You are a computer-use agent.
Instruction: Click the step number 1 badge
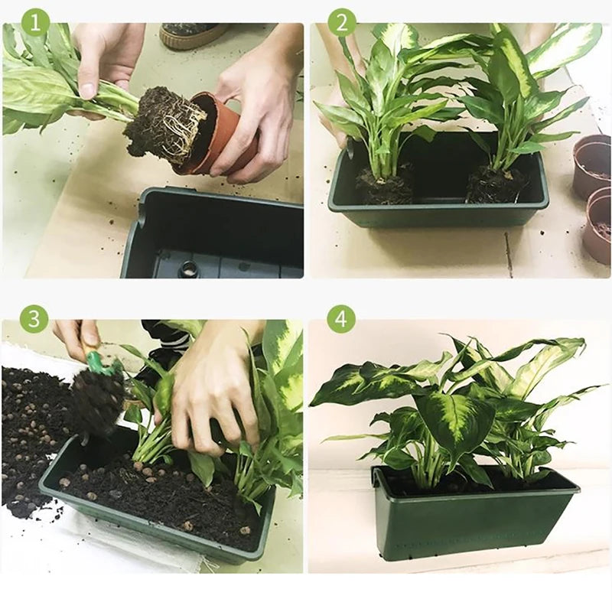[35, 22]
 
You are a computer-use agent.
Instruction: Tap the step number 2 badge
[341, 22]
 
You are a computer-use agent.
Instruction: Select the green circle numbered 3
[34, 319]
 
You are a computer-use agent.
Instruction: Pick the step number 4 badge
[341, 319]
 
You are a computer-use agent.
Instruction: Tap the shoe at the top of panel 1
[191, 35]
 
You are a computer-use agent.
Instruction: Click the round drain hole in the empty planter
[188, 269]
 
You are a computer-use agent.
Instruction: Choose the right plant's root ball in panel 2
[496, 185]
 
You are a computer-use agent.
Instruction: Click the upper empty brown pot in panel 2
[592, 164]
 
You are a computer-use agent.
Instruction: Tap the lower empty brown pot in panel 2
[596, 226]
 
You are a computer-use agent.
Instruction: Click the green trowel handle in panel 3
[93, 360]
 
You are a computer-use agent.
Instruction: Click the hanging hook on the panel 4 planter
[376, 479]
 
